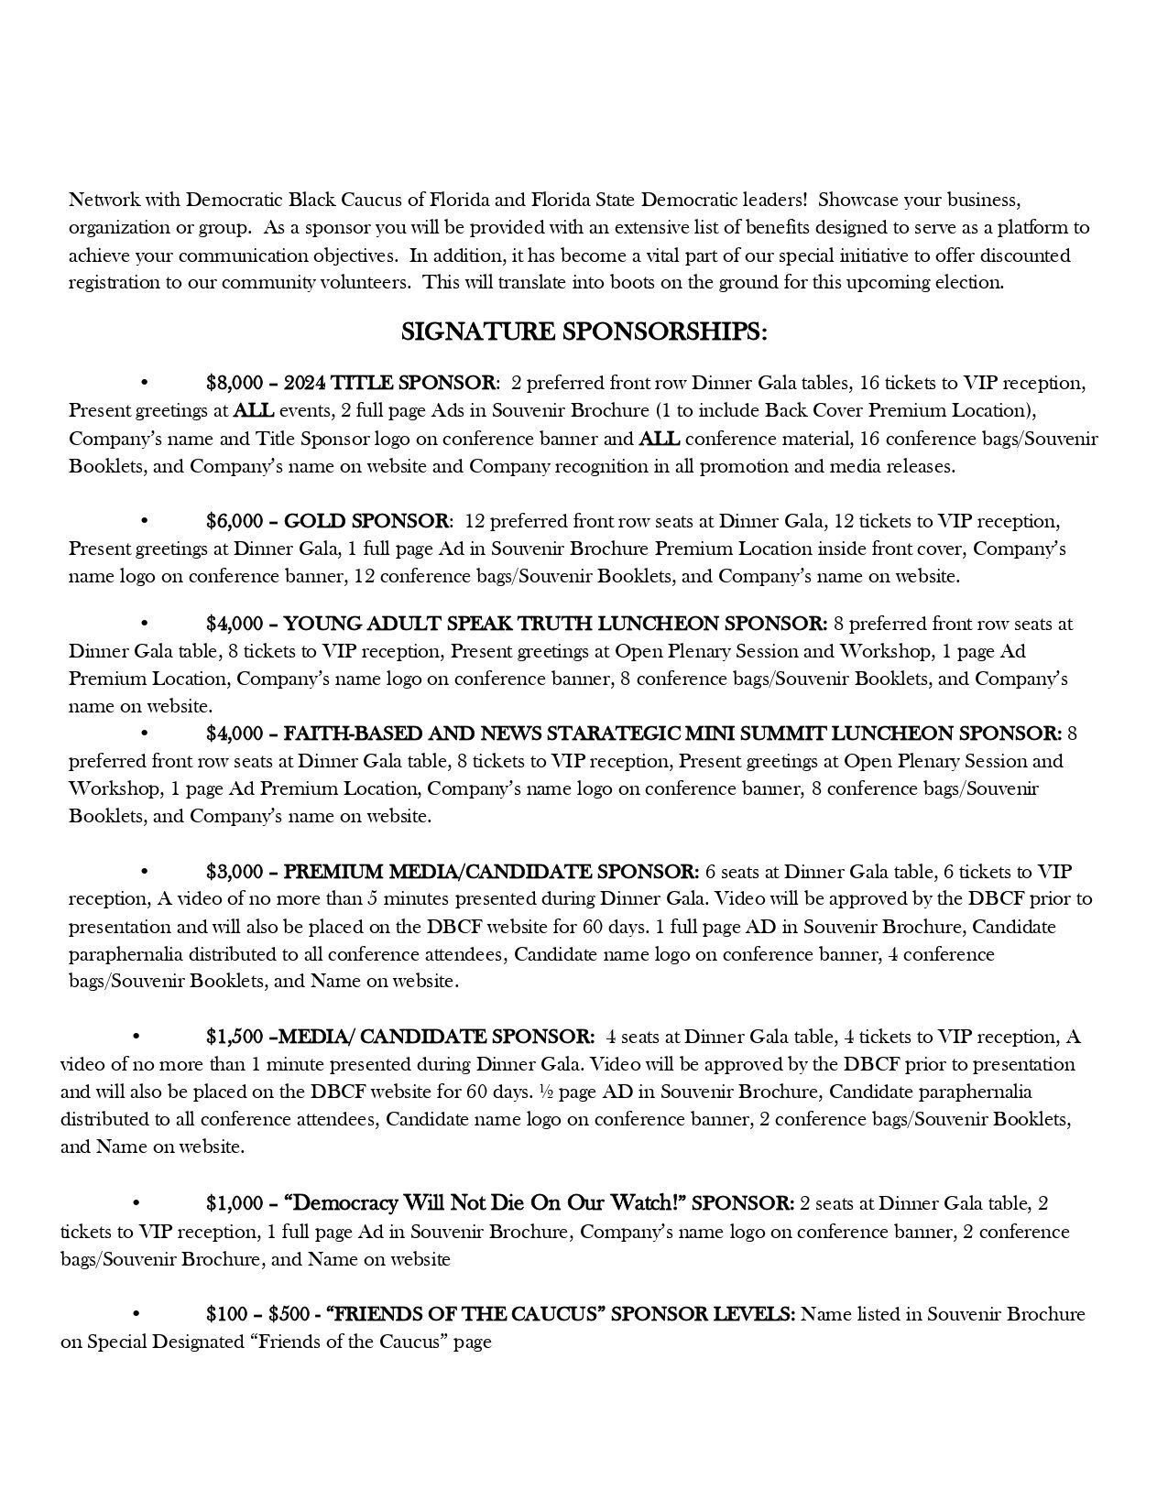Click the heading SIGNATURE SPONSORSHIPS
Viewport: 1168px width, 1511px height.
coord(584,332)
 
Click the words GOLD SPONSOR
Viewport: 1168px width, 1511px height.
coord(366,521)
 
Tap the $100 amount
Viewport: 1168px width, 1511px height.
coord(226,1314)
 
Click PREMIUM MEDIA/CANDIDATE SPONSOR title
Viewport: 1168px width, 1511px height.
coord(491,871)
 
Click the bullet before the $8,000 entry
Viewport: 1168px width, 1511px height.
coord(144,383)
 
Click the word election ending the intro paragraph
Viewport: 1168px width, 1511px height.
coord(971,282)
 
